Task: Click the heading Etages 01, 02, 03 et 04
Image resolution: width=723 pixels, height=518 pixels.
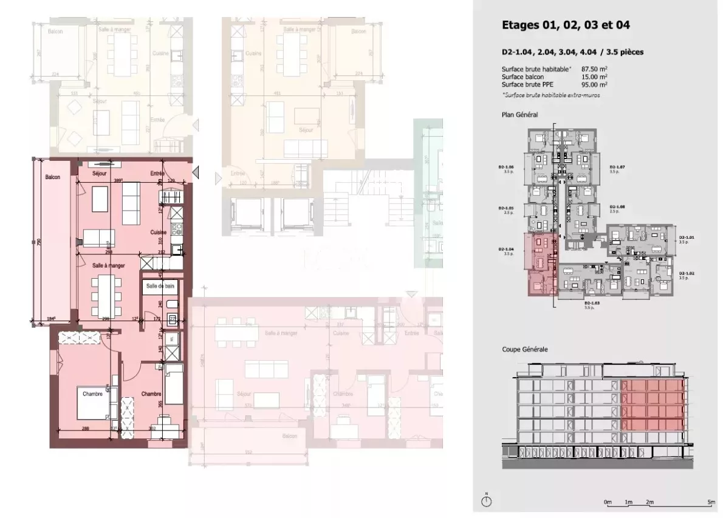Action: pyautogui.click(x=565, y=26)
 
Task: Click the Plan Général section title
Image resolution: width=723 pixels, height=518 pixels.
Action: pyautogui.click(x=519, y=114)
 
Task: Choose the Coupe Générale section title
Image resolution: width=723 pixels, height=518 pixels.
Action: pyautogui.click(x=524, y=350)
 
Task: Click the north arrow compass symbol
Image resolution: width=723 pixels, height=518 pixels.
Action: pyautogui.click(x=486, y=502)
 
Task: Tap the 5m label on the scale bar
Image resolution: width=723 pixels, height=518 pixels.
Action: pyautogui.click(x=711, y=503)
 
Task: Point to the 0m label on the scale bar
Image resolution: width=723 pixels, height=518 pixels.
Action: pyautogui.click(x=608, y=503)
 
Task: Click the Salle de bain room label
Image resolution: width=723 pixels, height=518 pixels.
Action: pyautogui.click(x=160, y=285)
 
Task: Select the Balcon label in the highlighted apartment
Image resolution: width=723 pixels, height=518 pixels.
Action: pyautogui.click(x=52, y=177)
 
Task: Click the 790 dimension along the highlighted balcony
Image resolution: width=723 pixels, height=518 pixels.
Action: pyautogui.click(x=38, y=242)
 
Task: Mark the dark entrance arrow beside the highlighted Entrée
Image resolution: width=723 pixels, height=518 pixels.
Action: pyautogui.click(x=196, y=174)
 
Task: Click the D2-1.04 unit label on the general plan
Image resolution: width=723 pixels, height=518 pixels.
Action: pyautogui.click(x=505, y=249)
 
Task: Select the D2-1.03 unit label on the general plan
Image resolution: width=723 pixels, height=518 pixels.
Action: pyautogui.click(x=591, y=302)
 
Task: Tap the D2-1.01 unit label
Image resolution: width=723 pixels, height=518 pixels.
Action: pyautogui.click(x=686, y=237)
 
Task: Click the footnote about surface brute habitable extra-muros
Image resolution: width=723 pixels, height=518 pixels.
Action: pyautogui.click(x=547, y=95)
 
